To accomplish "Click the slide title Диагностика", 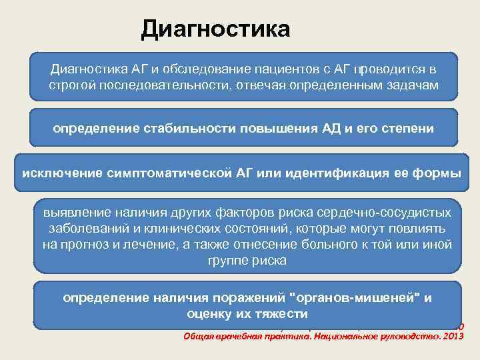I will click(x=216, y=29).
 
